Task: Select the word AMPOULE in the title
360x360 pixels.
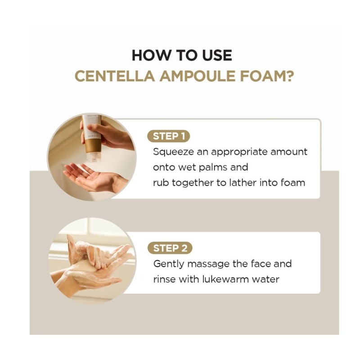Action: click(198, 76)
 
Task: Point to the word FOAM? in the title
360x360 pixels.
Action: click(267, 76)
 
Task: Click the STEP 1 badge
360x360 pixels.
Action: click(168, 136)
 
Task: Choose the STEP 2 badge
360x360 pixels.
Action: click(170, 248)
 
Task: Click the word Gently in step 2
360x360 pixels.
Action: click(169, 264)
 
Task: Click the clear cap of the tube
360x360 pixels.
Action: click(94, 157)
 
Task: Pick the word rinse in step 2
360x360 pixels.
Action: click(164, 279)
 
